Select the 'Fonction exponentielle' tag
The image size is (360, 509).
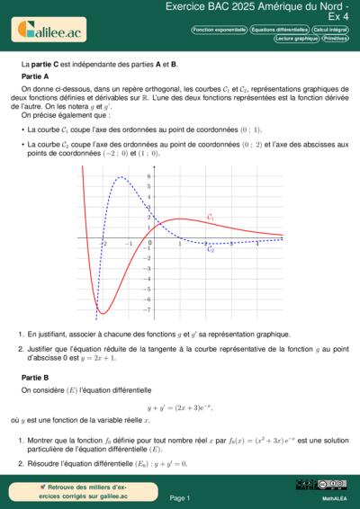pyautogui.click(x=220, y=30)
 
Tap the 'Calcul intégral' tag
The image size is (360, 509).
pyautogui.click(x=332, y=30)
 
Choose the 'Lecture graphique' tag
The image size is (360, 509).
pyautogui.click(x=297, y=40)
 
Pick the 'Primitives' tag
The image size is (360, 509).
pyautogui.click(x=337, y=40)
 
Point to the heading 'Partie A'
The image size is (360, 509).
pyautogui.click(x=34, y=77)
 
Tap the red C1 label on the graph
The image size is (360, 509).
pyautogui.click(x=211, y=218)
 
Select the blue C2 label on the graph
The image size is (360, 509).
pyautogui.click(x=211, y=249)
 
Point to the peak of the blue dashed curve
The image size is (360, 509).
pyautogui.click(x=121, y=176)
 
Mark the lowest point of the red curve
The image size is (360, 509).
pyautogui.click(x=103, y=313)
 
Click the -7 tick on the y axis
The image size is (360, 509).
pyautogui.click(x=122, y=309)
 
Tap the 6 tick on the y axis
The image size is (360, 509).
pyautogui.click(x=122, y=177)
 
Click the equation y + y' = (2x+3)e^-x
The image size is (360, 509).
pyautogui.click(x=179, y=407)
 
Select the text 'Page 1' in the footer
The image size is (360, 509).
pyautogui.click(x=180, y=497)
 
